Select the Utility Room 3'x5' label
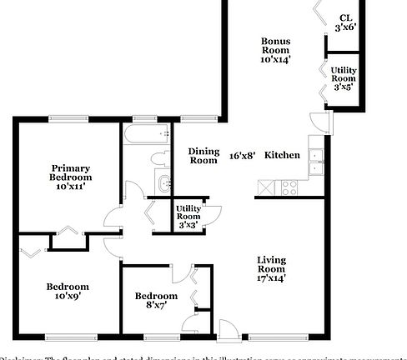344,78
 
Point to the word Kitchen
282,155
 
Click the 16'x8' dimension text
242,155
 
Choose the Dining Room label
203,155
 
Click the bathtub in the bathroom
145,135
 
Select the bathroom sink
163,182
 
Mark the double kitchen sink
315,162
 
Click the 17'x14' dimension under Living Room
270,278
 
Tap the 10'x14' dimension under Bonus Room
275,60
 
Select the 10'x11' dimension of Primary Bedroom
70,187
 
